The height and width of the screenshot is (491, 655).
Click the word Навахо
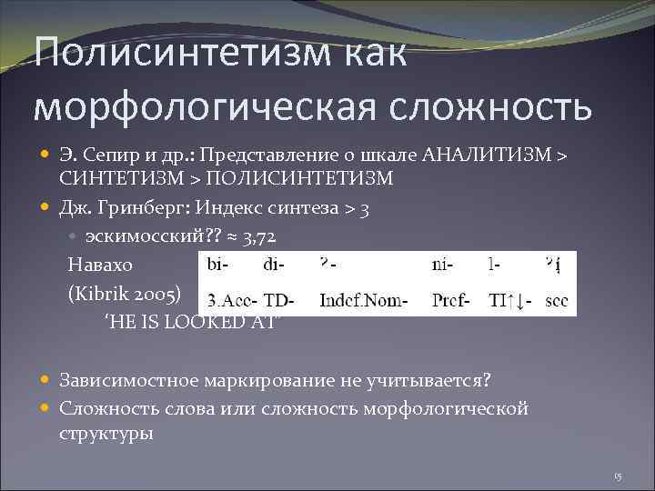tap(100, 265)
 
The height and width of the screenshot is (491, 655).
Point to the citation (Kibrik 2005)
tap(126, 294)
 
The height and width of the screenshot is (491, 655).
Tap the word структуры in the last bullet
tap(106, 433)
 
